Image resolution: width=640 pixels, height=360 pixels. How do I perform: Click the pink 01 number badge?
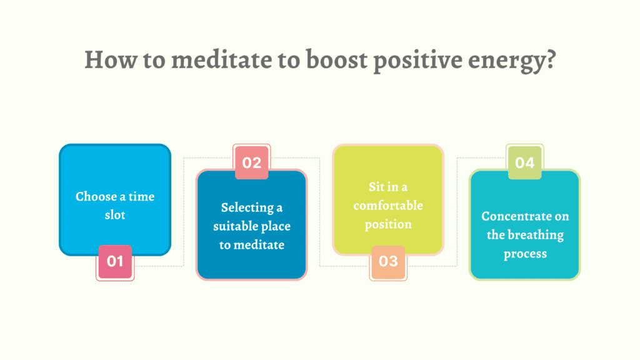pos(115,262)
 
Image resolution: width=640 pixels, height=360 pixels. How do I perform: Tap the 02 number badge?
pos(251,162)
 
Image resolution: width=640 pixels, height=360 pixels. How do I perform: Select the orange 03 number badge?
pos(388,262)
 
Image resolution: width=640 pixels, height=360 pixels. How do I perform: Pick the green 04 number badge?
pos(525,162)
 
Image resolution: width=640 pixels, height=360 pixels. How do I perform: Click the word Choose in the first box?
pos(96,196)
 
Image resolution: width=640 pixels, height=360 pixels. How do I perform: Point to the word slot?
pos(115,215)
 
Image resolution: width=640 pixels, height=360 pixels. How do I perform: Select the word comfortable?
pos(388,205)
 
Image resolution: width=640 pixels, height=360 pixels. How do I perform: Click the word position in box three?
pos(388,225)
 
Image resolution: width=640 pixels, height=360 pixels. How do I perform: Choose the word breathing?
pos(536,236)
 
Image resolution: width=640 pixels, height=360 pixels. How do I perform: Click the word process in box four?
pos(525,254)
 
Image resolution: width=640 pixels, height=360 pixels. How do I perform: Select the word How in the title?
pos(111,60)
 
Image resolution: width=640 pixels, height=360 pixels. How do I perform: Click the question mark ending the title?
pos(551,59)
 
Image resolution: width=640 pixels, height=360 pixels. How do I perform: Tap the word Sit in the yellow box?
pos(377,187)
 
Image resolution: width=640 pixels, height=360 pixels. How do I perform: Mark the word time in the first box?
pos(142,196)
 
